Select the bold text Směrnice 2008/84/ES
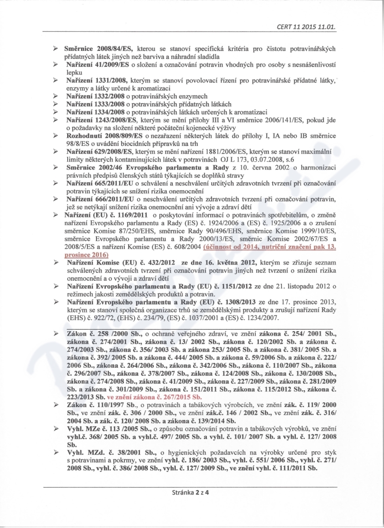point(100,48)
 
